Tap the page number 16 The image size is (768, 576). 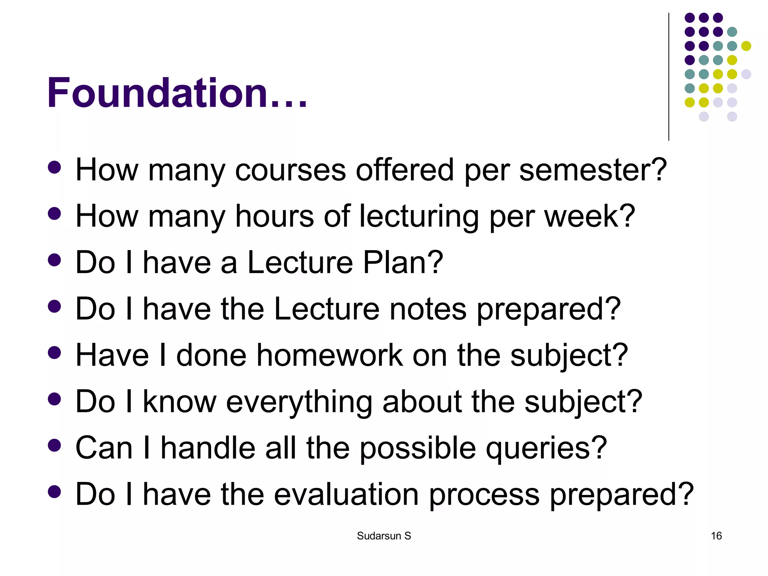tap(716, 536)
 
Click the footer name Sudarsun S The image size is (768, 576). tap(384, 536)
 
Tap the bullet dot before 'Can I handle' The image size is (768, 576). tap(55, 445)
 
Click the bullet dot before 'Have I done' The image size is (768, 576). tap(55, 353)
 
